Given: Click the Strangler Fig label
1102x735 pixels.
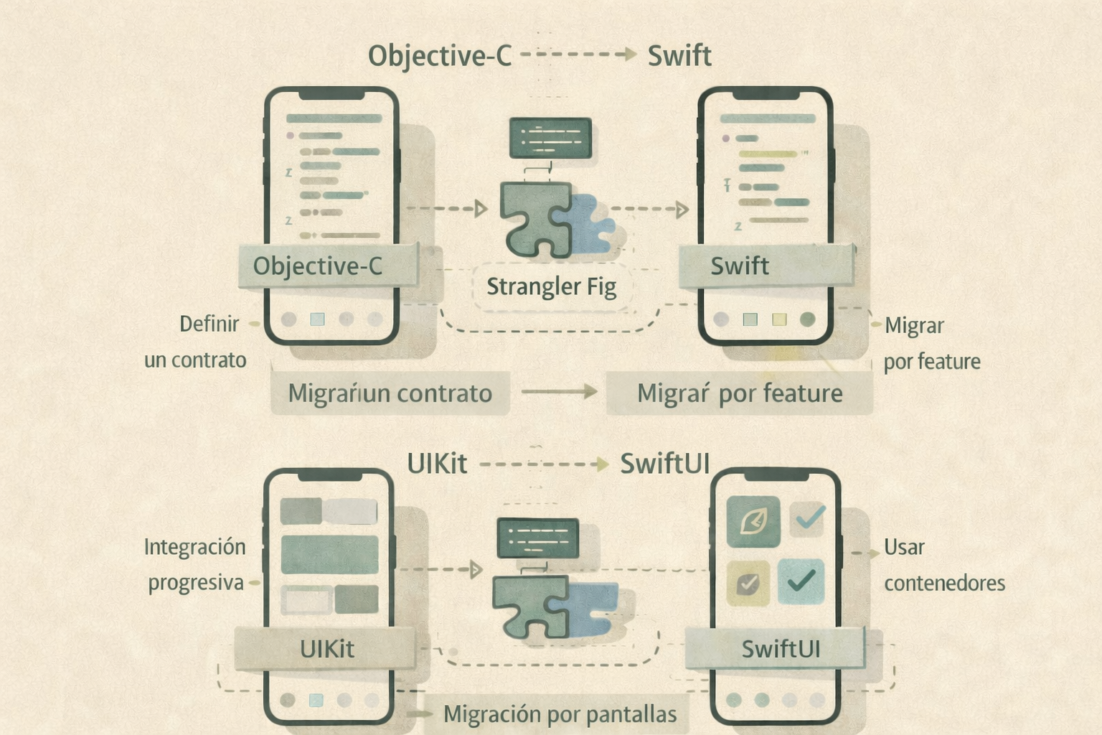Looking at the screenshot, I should (x=551, y=287).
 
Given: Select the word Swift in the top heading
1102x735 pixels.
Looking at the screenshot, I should (x=679, y=56).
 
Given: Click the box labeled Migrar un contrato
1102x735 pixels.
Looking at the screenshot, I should (x=390, y=393).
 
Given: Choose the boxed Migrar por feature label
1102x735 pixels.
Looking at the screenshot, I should (x=739, y=393).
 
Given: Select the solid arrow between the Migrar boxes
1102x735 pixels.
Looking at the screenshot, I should (x=559, y=392).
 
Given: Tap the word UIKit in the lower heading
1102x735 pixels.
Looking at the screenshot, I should (x=436, y=464).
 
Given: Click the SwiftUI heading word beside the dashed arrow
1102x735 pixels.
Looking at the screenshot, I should (x=664, y=464).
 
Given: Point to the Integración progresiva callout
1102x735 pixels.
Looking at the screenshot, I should (x=195, y=565).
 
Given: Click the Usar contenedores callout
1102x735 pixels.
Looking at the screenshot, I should (x=943, y=565).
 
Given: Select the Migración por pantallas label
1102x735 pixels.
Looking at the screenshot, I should (x=560, y=714).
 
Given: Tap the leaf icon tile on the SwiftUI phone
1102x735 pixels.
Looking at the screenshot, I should (x=753, y=522).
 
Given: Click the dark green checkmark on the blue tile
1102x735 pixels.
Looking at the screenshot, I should (x=801, y=580).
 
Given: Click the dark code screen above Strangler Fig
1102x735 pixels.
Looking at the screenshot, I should (x=550, y=138).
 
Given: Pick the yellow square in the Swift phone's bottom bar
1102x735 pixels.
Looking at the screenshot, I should (x=779, y=319).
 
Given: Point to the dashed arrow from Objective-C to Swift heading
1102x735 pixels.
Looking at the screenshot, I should (x=578, y=55).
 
